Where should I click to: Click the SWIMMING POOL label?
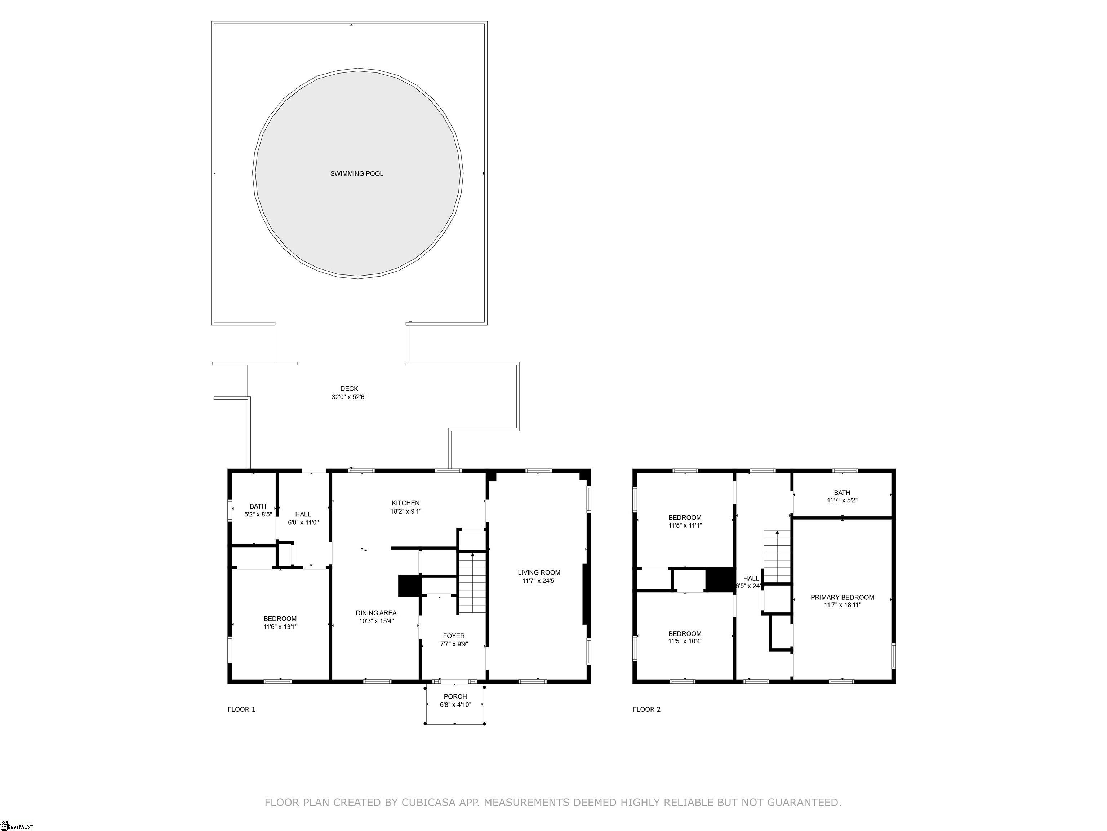tap(357, 174)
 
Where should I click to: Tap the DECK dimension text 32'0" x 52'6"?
tap(349, 397)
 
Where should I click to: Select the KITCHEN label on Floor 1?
tap(405, 503)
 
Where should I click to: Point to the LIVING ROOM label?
tap(539, 572)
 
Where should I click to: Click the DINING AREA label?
tap(376, 613)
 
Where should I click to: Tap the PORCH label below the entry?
tap(455, 697)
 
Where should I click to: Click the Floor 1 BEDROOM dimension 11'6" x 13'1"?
tap(280, 626)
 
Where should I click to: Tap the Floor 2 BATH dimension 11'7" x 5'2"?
tap(842, 500)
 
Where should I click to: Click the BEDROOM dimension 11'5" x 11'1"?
tap(685, 526)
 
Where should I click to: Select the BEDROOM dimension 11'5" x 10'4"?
tap(685, 641)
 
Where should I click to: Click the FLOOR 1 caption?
tap(242, 709)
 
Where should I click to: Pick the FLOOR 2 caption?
tap(646, 709)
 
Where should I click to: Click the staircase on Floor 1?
tap(473, 583)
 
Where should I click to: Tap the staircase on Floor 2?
tap(777, 557)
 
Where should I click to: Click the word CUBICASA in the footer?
tap(428, 803)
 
